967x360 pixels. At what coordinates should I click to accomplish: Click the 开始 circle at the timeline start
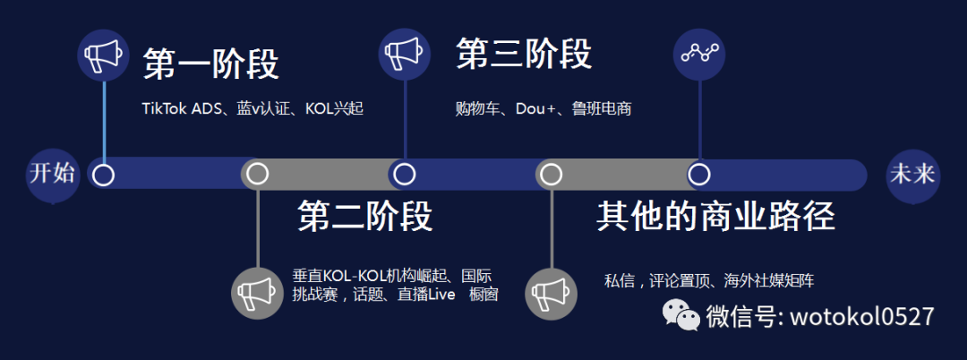[x=52, y=174]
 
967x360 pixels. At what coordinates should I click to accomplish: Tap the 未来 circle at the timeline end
[x=911, y=174]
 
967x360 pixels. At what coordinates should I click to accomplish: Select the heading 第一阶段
[x=210, y=64]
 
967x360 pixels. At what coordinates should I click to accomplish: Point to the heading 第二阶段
[x=364, y=216]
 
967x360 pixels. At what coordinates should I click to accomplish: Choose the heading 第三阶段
[x=524, y=54]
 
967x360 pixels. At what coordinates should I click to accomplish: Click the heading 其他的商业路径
[x=715, y=216]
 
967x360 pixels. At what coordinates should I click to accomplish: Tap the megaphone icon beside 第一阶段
[x=104, y=56]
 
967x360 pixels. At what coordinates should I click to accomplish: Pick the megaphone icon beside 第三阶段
[x=405, y=55]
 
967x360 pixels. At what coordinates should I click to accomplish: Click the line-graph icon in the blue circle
[x=699, y=54]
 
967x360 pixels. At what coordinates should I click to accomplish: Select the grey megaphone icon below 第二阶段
[x=257, y=291]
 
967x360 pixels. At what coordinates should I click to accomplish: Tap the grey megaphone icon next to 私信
[x=552, y=291]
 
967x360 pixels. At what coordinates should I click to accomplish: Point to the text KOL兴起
[x=334, y=108]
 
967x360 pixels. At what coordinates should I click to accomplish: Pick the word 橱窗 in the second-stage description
[x=483, y=295]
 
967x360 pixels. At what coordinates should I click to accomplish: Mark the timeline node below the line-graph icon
[x=699, y=174]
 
